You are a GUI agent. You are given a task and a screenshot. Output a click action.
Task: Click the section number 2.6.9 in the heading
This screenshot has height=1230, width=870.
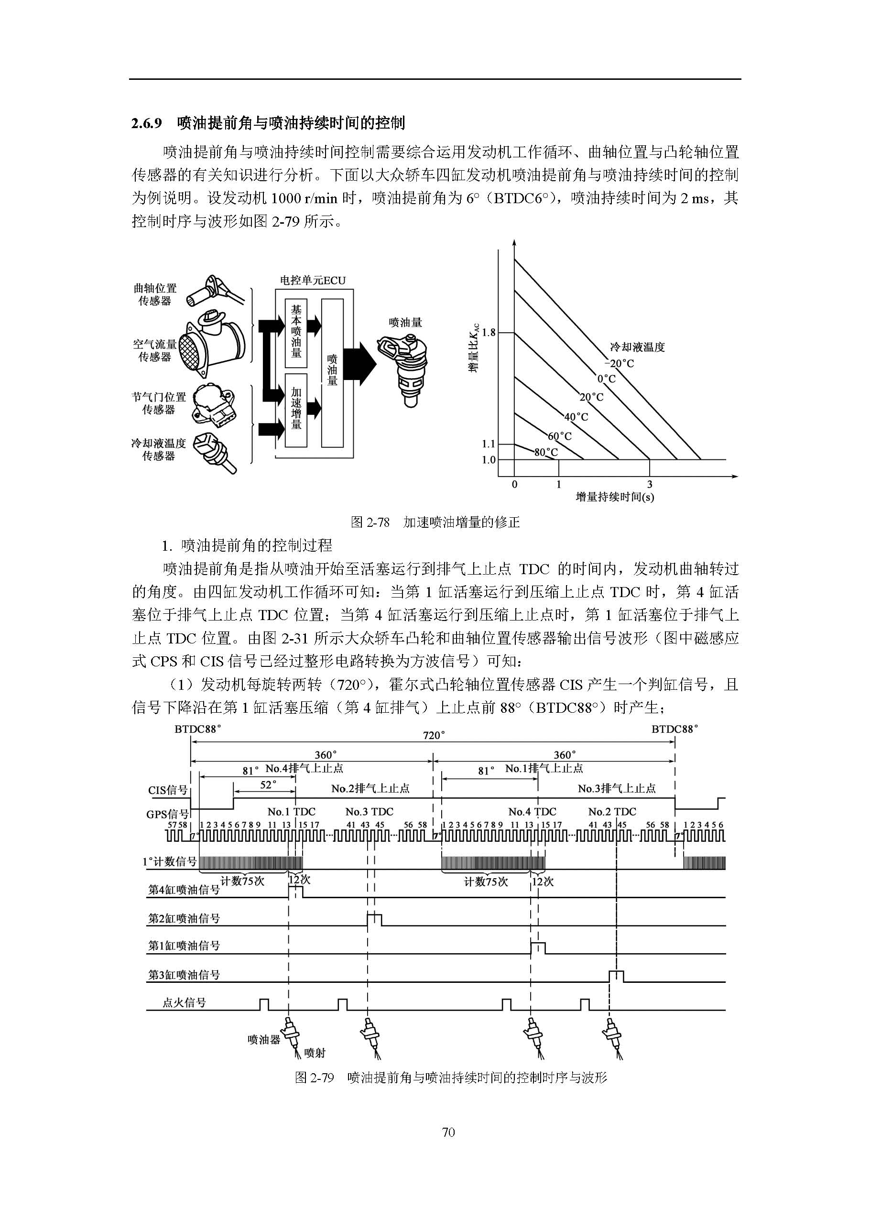click(x=146, y=124)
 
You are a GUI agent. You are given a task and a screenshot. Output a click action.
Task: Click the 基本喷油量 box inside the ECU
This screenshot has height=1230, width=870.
click(x=296, y=332)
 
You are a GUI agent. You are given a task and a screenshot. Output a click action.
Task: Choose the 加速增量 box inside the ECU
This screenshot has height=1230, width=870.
click(x=296, y=409)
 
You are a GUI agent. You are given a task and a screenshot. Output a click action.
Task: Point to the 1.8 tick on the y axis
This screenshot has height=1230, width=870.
click(x=489, y=333)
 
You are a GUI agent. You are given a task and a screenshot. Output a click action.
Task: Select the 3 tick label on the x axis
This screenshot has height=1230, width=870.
click(x=649, y=485)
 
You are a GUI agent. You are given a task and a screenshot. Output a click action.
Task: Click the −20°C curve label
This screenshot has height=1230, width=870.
click(x=622, y=364)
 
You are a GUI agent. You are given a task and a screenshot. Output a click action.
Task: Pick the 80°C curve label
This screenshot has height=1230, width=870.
click(x=546, y=453)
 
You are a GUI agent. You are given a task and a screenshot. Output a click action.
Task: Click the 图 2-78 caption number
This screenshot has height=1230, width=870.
click(x=370, y=522)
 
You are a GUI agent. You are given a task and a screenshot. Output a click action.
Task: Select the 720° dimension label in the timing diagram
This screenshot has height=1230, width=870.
click(x=434, y=736)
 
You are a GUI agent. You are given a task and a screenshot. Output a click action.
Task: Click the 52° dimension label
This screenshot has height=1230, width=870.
click(x=268, y=785)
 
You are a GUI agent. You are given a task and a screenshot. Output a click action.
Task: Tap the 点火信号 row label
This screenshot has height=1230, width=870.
click(x=184, y=1003)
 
